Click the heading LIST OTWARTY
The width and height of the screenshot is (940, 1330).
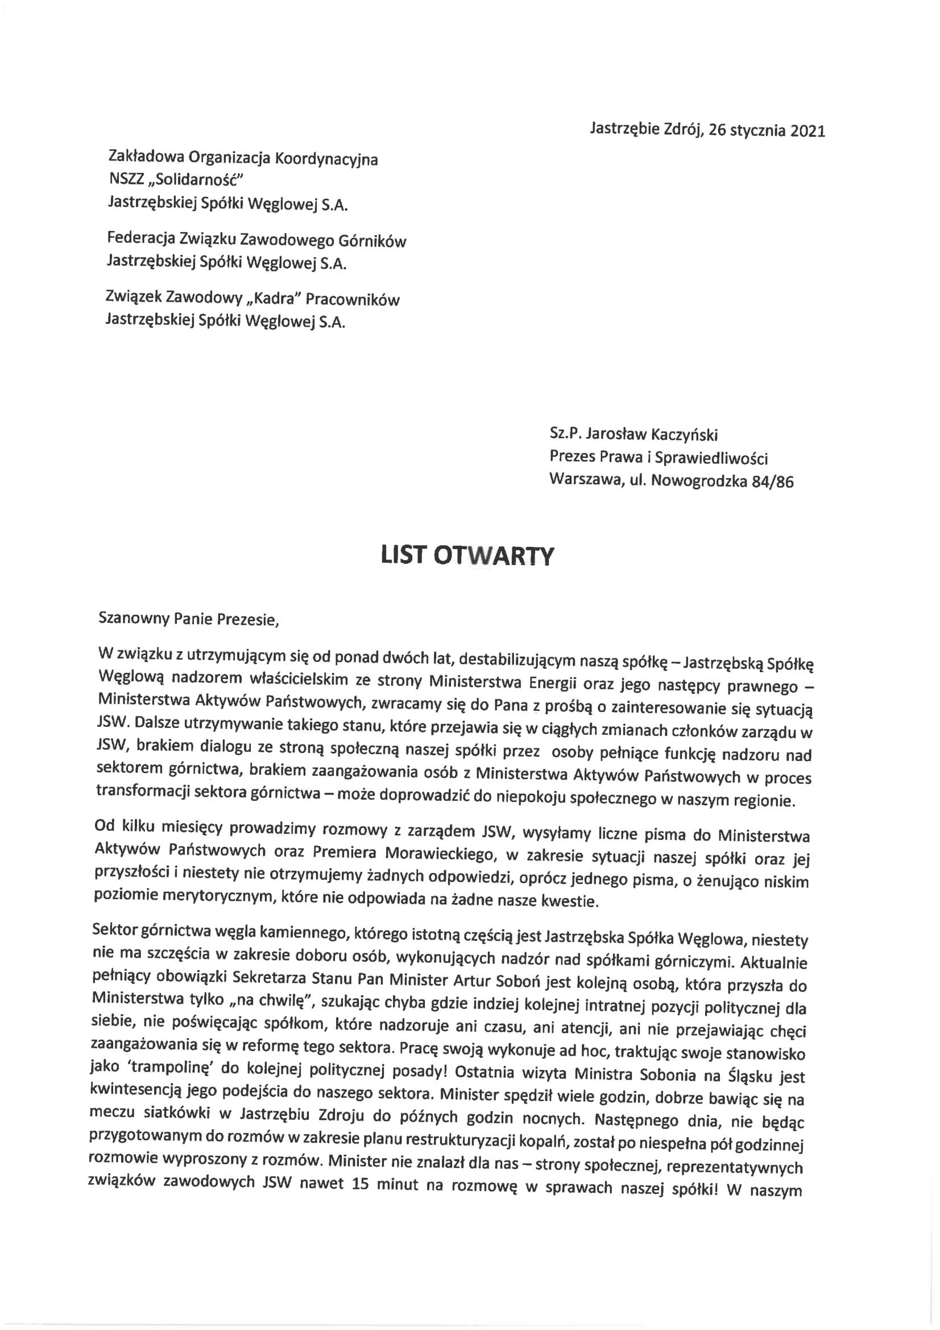(467, 555)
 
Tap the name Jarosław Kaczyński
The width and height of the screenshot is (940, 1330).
(652, 434)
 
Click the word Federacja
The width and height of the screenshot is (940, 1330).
(140, 238)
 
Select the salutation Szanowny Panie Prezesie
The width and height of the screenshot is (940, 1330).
(189, 619)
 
